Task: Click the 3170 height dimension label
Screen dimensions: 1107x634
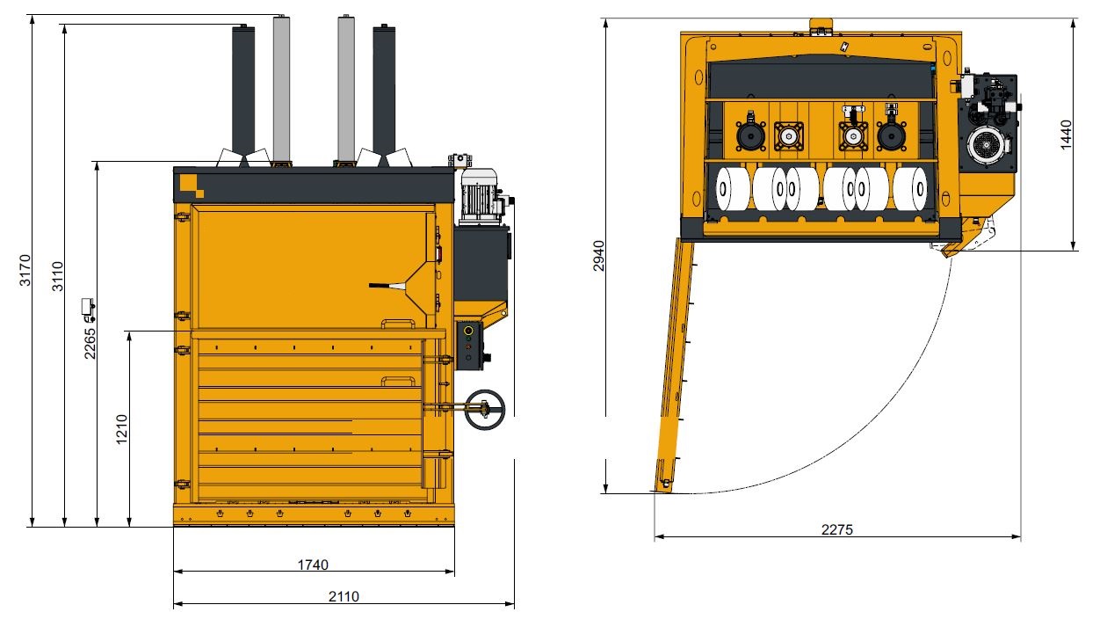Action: coord(25,270)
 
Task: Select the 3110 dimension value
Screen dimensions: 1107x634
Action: coord(58,276)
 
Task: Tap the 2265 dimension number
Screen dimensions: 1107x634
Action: coord(90,343)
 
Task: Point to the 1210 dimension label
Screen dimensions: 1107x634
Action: coord(121,429)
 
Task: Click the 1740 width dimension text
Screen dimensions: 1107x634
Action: coord(313,565)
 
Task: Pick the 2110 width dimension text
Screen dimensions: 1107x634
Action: coord(344,596)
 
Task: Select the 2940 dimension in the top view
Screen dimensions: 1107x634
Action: coord(599,256)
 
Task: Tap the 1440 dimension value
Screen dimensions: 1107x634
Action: coord(1066,135)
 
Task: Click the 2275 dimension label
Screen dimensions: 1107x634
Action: coord(837,529)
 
